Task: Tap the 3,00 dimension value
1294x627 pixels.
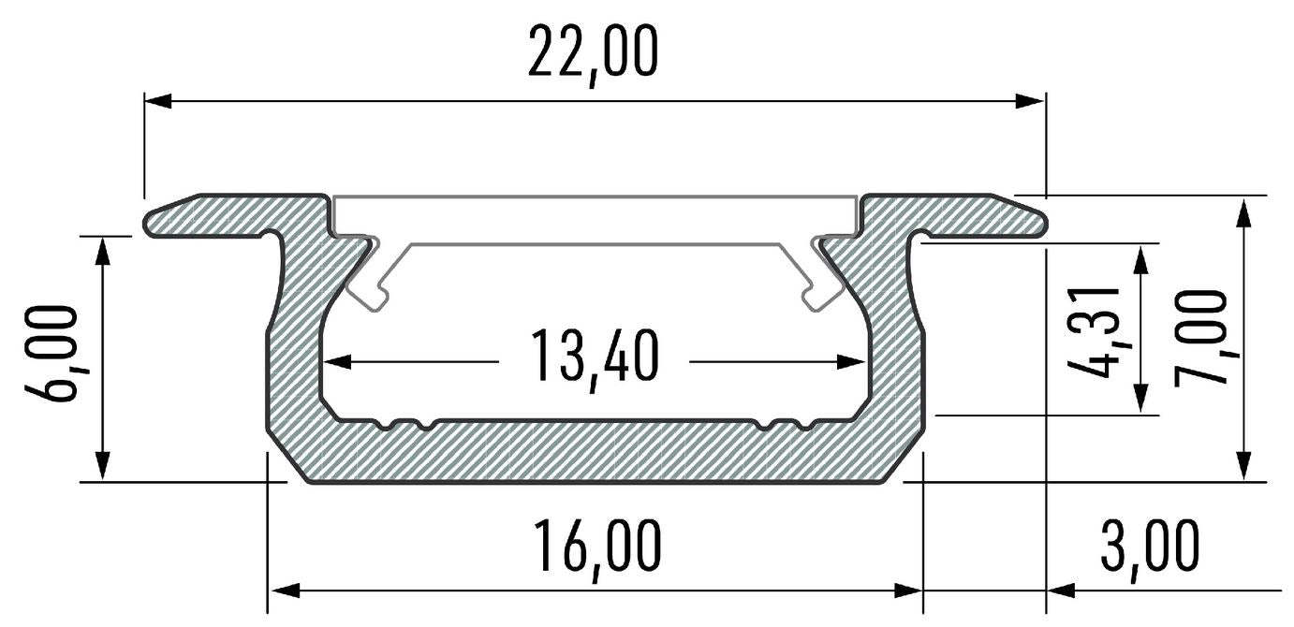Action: pos(1150,548)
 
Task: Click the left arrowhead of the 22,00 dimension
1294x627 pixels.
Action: pos(157,101)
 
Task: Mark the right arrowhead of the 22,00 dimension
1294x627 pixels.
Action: pos(1031,101)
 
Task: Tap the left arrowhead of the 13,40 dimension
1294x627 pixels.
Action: pos(338,362)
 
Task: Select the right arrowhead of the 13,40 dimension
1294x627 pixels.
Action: pos(851,362)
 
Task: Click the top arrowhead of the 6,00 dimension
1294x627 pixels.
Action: pos(102,251)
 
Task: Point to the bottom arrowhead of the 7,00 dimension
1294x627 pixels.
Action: pos(1246,466)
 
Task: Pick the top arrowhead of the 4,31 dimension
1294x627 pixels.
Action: pos(1140,260)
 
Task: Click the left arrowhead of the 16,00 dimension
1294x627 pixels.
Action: pos(286,591)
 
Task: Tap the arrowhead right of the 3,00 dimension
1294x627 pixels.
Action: pos(1061,591)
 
